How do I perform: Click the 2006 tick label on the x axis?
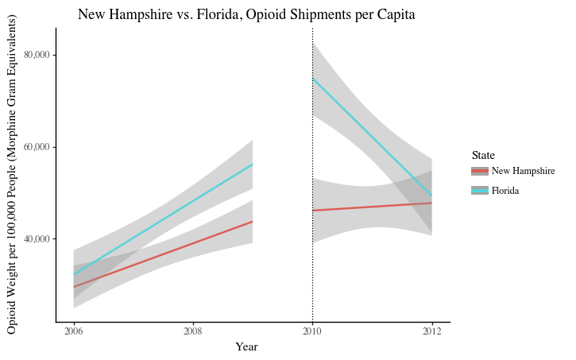73,331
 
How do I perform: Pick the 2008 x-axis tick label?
193,331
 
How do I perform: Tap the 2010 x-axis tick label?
312,331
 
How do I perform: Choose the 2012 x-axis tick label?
432,331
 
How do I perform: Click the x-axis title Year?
246,347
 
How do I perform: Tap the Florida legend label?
505,191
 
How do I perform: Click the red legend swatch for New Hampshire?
479,171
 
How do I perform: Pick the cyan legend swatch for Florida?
479,191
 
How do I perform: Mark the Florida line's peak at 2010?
313,78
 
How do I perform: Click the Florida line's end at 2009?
253,165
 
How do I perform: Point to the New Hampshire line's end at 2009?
253,222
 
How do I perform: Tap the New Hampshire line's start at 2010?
313,211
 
